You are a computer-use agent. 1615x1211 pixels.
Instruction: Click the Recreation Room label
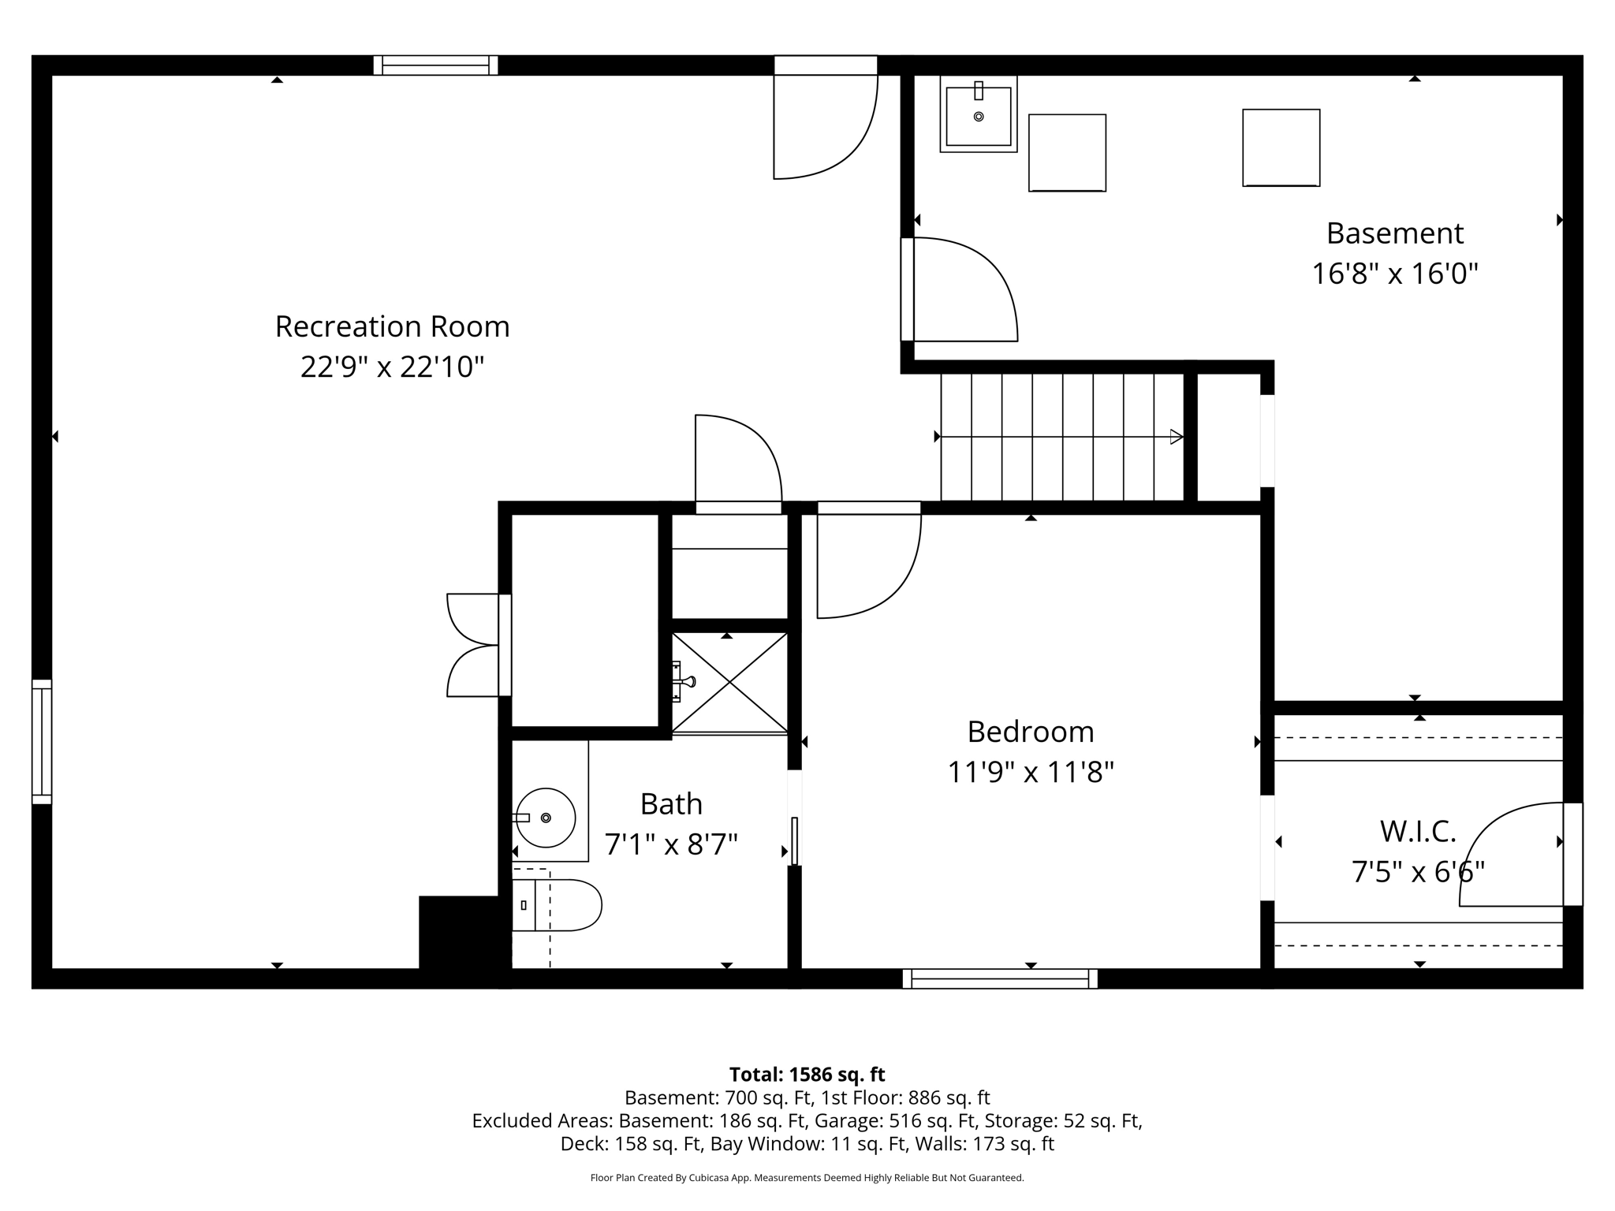coord(392,326)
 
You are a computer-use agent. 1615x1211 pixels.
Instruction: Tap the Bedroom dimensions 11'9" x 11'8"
coord(1030,772)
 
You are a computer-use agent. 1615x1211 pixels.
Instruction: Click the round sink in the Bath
coord(546,818)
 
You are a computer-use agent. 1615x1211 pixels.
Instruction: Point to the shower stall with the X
coord(730,683)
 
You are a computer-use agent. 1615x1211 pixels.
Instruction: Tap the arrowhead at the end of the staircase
coord(1176,437)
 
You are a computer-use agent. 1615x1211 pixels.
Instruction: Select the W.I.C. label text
coord(1417,831)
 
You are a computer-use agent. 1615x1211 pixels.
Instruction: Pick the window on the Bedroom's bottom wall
coord(999,978)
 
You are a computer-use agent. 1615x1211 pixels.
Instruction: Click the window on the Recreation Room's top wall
coord(435,65)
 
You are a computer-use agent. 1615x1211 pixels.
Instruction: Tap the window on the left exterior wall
coord(42,741)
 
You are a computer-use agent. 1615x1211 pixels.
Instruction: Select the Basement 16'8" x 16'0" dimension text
coord(1393,274)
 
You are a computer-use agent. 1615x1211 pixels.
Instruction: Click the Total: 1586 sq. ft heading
coord(807,1075)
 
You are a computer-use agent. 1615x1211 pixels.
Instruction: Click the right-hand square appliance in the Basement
coord(1281,147)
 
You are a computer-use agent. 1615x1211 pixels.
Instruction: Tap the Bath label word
coord(670,804)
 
